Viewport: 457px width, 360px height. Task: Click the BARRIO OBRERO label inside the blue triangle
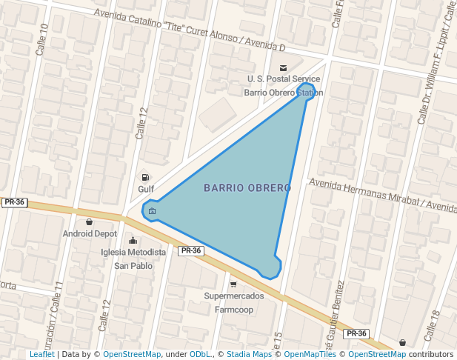click(247, 188)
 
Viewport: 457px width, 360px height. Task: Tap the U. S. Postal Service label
click(284, 79)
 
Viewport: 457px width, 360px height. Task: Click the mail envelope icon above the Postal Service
click(284, 67)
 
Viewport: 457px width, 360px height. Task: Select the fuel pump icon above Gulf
click(145, 177)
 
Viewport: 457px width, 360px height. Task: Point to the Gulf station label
click(145, 189)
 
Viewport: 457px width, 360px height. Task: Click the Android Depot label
click(90, 233)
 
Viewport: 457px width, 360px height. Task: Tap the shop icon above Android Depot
click(90, 221)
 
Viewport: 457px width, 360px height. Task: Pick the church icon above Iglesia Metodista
click(133, 240)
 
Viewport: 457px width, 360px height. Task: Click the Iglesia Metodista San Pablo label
click(133, 259)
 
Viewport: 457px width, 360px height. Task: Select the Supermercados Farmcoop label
click(234, 302)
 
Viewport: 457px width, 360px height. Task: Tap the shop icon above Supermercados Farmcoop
click(233, 284)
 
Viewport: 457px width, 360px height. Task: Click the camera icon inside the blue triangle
click(153, 211)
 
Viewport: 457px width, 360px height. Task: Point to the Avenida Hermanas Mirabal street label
click(382, 194)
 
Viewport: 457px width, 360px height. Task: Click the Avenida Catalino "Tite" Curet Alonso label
click(190, 31)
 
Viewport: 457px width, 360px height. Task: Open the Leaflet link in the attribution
click(41, 355)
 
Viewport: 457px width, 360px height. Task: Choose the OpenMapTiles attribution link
click(307, 355)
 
